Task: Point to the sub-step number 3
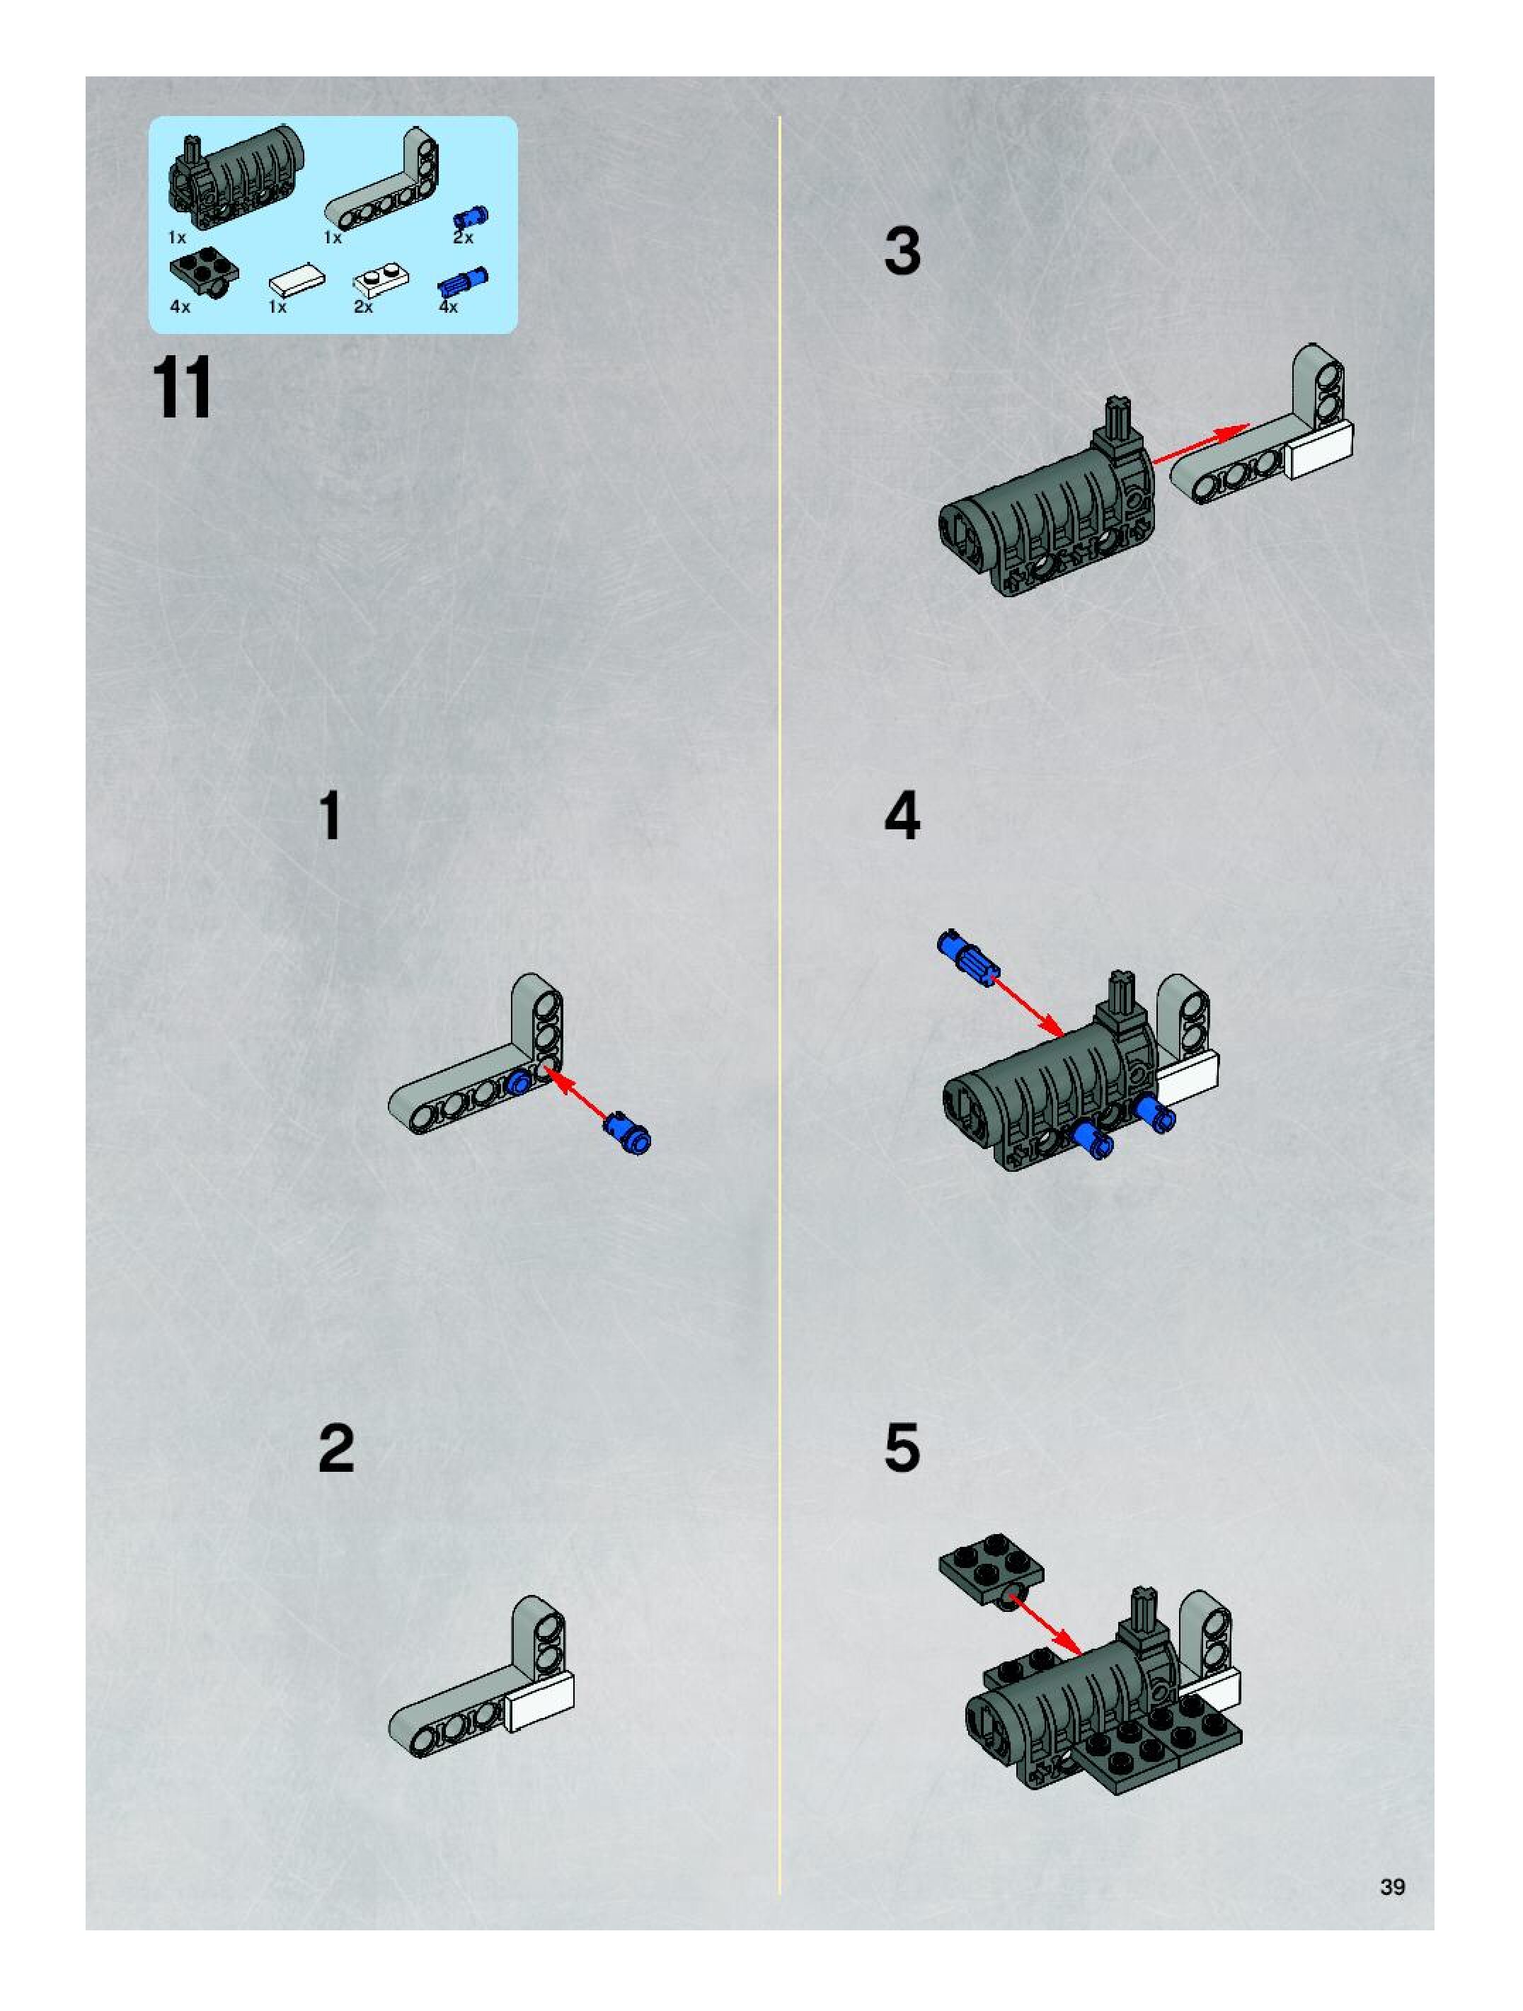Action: click(x=902, y=251)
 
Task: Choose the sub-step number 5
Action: click(x=902, y=1449)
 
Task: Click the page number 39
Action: click(x=1392, y=1887)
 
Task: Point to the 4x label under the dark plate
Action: click(x=180, y=307)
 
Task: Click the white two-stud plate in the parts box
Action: click(x=382, y=279)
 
